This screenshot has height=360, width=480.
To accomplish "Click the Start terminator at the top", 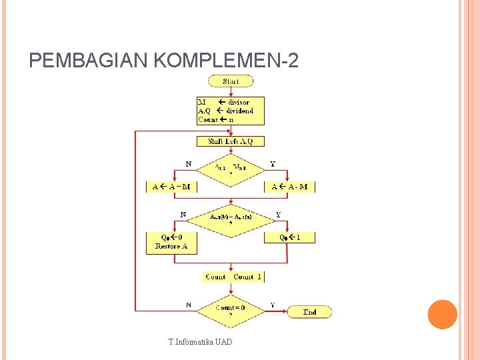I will tap(231, 81).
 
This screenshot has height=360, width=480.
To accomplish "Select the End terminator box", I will tap(309, 312).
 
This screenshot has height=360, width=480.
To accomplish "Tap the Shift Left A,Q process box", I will tap(231, 141).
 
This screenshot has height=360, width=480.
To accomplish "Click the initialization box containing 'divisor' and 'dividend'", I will tap(231, 111).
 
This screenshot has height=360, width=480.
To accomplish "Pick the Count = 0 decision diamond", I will tap(231, 311).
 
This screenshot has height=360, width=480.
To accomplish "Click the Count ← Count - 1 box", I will tap(233, 277).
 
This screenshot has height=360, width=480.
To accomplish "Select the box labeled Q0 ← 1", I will tap(289, 237).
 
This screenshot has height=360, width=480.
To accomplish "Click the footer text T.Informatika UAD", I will tap(201, 343).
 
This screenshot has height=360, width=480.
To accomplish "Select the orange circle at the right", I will tap(443, 315).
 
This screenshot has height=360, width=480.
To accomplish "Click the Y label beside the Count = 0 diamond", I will tap(272, 305).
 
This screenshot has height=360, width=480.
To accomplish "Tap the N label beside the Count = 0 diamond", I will tap(189, 305).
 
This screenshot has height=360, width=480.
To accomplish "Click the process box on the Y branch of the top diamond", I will tap(289, 187).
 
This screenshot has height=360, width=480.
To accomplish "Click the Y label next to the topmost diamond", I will tap(272, 163).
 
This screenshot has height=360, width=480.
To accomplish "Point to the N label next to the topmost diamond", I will tap(189, 163).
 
